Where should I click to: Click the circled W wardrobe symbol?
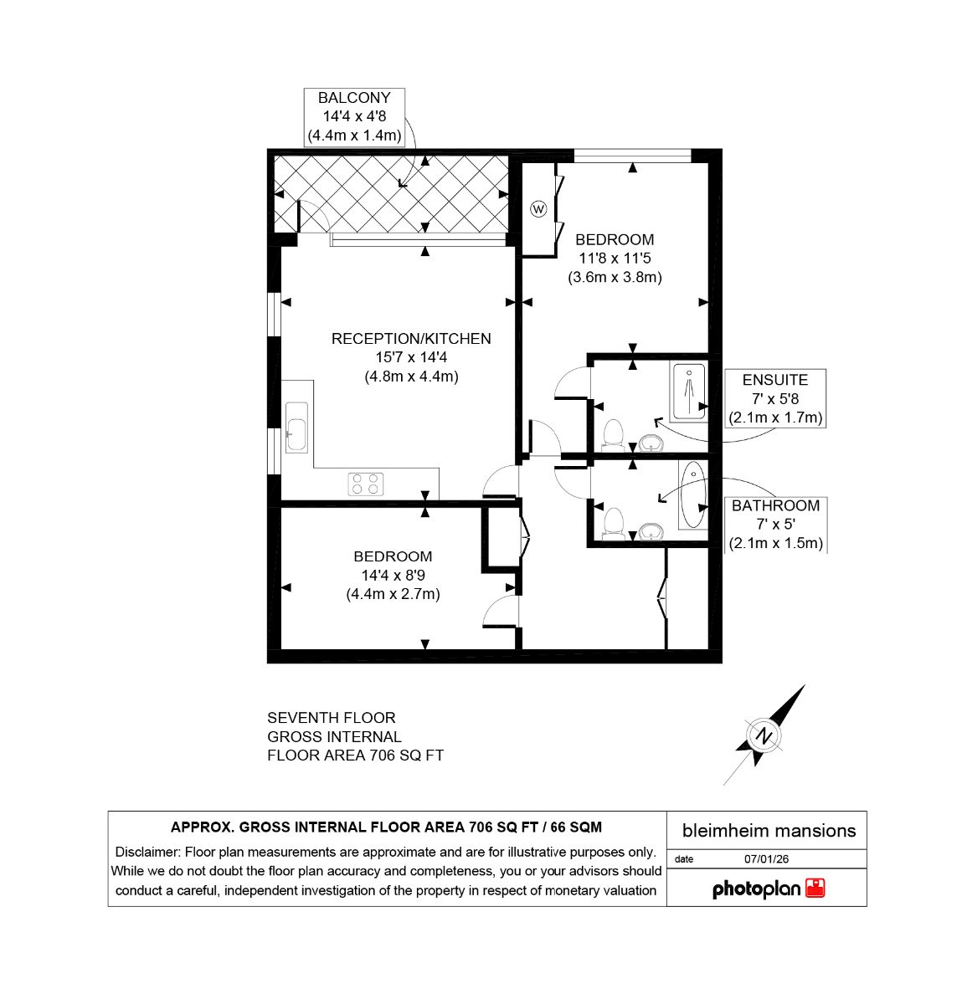point(538,209)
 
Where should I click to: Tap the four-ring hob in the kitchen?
point(366,484)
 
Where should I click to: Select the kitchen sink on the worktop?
point(297,428)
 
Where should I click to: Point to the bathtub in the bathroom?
point(693,494)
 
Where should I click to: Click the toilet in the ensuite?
point(614,435)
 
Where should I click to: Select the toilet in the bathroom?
point(614,524)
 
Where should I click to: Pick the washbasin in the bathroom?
point(651,531)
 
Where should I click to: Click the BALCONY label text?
point(353,98)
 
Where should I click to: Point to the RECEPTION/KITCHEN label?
point(411,339)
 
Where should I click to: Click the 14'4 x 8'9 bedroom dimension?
point(393,575)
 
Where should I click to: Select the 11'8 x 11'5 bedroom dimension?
point(615,258)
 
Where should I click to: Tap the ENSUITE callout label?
point(775,380)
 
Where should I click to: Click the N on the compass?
point(764,735)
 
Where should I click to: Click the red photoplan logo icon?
point(815,889)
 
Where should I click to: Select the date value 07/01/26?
point(766,859)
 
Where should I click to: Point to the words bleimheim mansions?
point(769,831)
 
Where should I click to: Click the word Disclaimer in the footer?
point(147,852)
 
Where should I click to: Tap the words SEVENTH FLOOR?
point(332,718)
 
